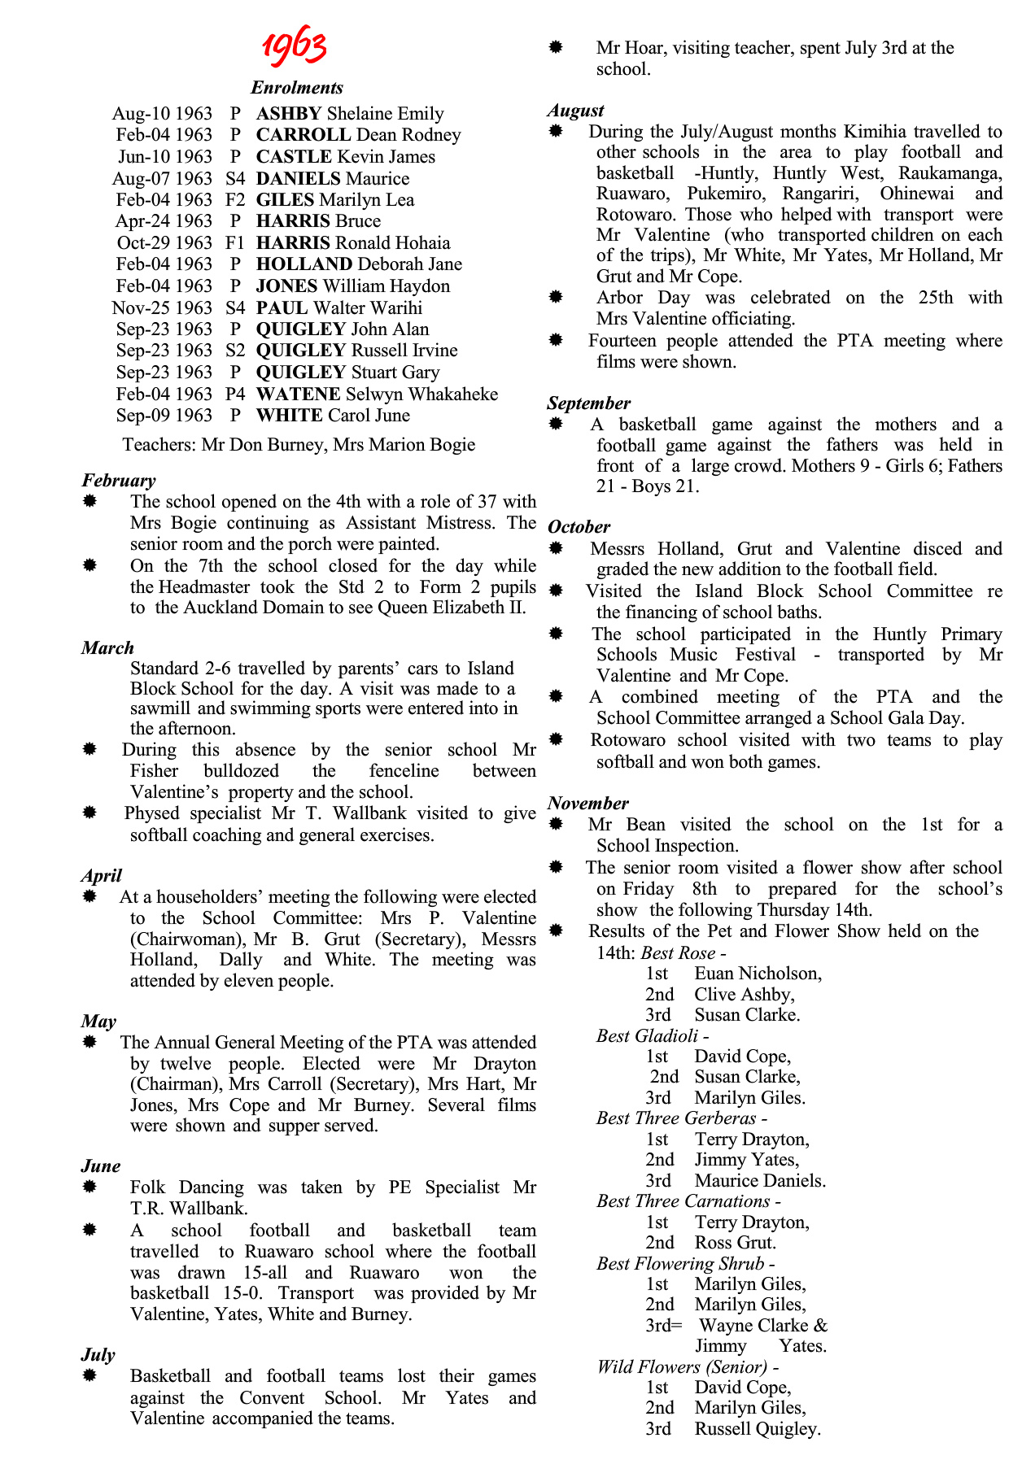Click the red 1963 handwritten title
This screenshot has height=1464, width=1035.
click(x=295, y=46)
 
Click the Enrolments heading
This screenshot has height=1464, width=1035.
click(x=297, y=88)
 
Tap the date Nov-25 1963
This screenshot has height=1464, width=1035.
click(x=162, y=308)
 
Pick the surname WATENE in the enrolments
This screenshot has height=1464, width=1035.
click(x=298, y=394)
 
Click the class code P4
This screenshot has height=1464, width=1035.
click(x=235, y=394)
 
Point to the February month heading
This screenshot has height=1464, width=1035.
click(x=119, y=481)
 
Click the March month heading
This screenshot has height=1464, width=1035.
click(x=107, y=648)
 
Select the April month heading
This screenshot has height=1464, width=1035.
click(x=102, y=876)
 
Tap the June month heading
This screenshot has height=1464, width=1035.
click(x=101, y=1166)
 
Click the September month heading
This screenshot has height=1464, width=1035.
click(x=588, y=403)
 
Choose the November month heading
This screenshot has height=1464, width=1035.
click(x=587, y=804)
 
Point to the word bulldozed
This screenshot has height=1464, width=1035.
click(x=242, y=771)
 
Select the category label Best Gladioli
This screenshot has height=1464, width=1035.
click(x=647, y=1036)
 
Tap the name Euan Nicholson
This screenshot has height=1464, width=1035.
click(x=758, y=974)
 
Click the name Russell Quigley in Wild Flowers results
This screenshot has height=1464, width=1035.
click(x=757, y=1429)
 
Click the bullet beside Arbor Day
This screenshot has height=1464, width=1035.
click(x=556, y=298)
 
